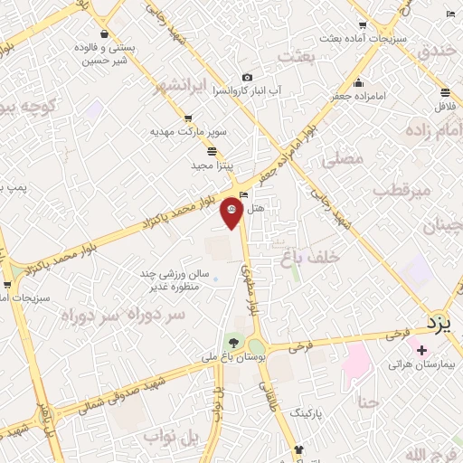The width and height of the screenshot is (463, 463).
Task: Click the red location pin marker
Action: click(x=231, y=212)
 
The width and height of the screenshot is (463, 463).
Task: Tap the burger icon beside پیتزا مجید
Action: click(x=212, y=151)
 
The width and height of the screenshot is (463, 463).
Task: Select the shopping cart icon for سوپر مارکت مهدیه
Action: click(x=187, y=118)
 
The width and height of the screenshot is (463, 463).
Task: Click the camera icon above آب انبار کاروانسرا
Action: click(x=247, y=78)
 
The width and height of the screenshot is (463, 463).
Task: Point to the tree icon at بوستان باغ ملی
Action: click(x=234, y=342)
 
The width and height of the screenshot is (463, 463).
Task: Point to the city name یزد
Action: click(x=438, y=323)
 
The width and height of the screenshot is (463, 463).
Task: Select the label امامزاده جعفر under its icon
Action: click(x=360, y=95)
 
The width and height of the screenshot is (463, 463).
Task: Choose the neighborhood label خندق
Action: click(x=439, y=51)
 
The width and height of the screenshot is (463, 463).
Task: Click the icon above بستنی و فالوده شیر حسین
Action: click(x=106, y=34)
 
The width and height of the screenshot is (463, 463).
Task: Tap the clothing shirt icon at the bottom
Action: click(x=299, y=449)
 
